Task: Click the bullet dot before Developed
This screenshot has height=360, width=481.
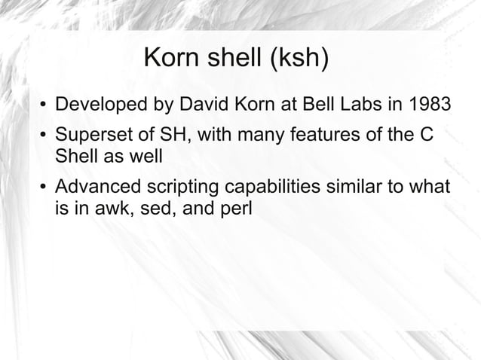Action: coord(44,104)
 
